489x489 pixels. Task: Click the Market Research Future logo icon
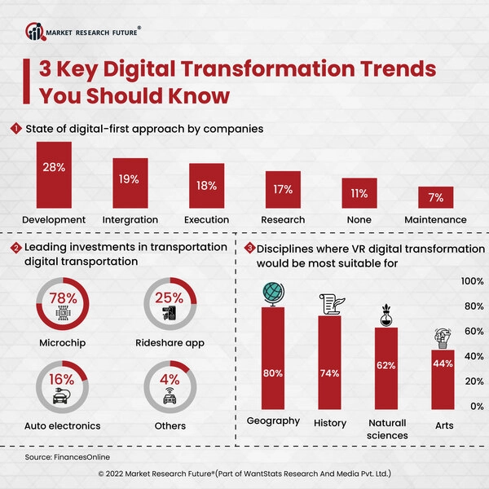click(33, 32)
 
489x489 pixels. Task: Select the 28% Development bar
click(54, 177)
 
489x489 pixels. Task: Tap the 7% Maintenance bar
click(435, 198)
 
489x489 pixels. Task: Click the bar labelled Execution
click(206, 186)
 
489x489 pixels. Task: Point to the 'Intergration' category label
click(130, 220)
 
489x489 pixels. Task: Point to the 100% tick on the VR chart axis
click(473, 281)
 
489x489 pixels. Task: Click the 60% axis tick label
click(473, 332)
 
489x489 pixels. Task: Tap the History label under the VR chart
click(330, 423)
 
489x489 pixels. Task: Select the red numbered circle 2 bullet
click(15, 247)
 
